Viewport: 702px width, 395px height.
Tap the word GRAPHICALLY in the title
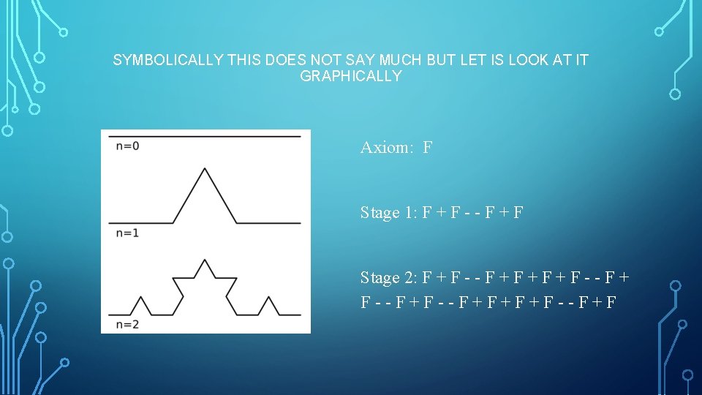pos(351,76)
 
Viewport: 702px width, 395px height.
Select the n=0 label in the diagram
pos(127,146)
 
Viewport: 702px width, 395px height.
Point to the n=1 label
pos(127,233)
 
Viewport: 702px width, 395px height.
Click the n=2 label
pos(127,324)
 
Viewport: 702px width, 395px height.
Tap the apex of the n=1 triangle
pos(204,170)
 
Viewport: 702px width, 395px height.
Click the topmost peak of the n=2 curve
pos(204,260)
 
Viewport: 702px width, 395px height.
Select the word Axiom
pos(387,148)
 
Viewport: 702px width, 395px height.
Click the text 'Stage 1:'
pos(388,213)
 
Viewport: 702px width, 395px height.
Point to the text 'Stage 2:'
pos(388,278)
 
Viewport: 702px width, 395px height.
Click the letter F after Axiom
pos(427,148)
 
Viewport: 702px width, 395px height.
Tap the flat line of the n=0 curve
pos(204,137)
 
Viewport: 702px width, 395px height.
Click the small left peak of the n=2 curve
pos(140,297)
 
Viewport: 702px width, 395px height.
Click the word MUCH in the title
pos(401,61)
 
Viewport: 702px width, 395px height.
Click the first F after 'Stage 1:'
pos(426,213)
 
